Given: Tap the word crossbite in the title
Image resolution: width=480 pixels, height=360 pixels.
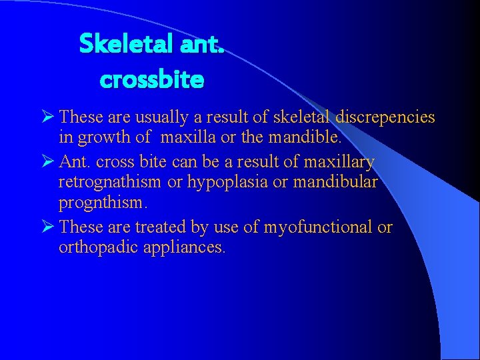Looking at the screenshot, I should tap(152, 80).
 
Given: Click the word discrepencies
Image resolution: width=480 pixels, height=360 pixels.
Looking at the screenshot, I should tap(385, 118).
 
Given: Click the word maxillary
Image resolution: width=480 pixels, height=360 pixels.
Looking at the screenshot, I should tap(339, 162).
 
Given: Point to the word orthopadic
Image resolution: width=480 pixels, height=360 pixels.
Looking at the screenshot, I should tap(96, 249).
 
